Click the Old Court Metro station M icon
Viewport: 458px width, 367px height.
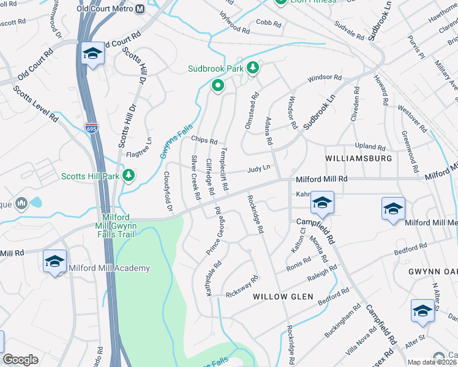[x=140, y=9]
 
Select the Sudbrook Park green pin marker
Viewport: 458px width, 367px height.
[x=217, y=86]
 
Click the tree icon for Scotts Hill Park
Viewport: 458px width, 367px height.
[x=129, y=176]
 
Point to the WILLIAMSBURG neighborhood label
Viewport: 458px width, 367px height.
[x=358, y=158]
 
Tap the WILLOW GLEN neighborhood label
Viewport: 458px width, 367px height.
[x=283, y=297]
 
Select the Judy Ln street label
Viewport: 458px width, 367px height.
[x=259, y=171]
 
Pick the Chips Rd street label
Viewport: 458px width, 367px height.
[x=205, y=139]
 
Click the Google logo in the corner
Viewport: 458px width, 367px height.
[x=20, y=360]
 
